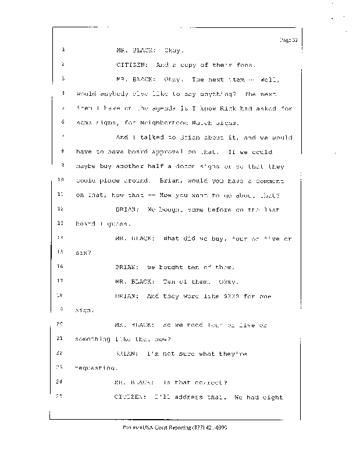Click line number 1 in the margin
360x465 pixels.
pyautogui.click(x=62, y=49)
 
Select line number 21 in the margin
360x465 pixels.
pyautogui.click(x=60, y=338)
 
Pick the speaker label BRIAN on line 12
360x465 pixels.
pyautogui.click(x=127, y=208)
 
